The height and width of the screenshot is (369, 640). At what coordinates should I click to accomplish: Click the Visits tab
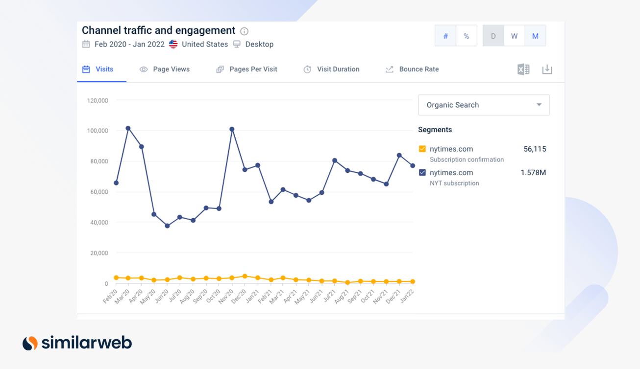pos(98,69)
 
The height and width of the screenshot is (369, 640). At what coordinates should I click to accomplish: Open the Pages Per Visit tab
pos(247,69)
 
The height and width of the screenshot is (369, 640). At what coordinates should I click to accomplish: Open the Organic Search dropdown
pos(484,105)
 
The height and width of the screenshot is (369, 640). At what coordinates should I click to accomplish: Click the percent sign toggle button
pos(467,36)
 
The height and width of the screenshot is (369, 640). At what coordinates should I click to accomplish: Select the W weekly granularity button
pos(514,36)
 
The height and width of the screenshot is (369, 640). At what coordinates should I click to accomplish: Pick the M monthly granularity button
pos(535,36)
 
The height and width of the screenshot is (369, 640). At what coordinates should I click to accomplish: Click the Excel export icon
pos(523,69)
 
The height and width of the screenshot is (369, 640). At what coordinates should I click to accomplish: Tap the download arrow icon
pos(547,69)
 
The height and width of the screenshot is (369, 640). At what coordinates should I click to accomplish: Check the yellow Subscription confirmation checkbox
pos(422,149)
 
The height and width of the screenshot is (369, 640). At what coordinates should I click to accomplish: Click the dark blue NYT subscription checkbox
pos(422,173)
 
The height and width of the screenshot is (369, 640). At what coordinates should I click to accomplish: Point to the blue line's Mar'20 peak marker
pos(128,128)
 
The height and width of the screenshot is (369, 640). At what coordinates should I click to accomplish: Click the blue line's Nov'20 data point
pos(232,129)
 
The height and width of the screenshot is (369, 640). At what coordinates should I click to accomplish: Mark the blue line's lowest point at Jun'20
pos(167,226)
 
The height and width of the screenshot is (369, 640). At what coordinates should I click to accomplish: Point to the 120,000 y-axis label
pos(98,101)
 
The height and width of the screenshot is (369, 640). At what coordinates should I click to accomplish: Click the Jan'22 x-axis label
pos(406,297)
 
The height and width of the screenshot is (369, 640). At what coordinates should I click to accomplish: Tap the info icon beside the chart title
pos(244,31)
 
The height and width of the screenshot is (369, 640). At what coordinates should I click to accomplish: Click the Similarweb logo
pos(77,343)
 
